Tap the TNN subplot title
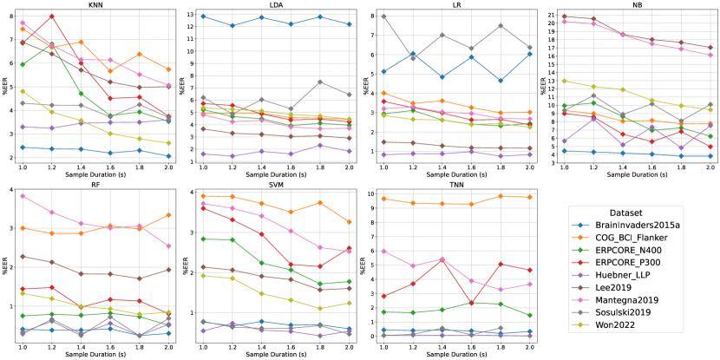tap(455, 183)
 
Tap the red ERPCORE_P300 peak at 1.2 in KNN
tap(52, 16)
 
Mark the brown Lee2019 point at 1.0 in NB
tap(564, 16)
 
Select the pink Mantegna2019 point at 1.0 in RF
tap(23, 196)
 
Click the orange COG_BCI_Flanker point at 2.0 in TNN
tap(529, 197)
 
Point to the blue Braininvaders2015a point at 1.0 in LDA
tap(203, 16)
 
